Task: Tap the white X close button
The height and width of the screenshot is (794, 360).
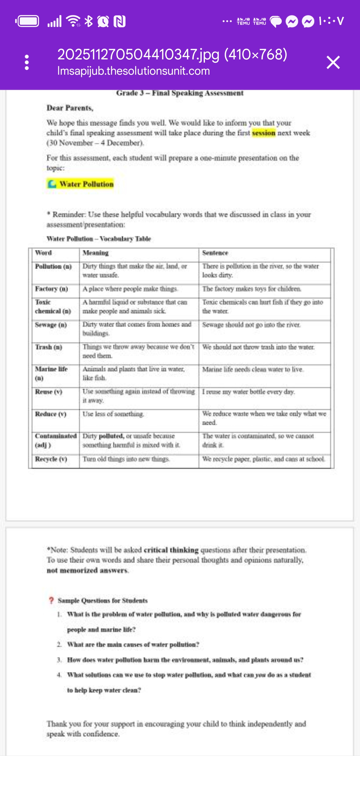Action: (333, 63)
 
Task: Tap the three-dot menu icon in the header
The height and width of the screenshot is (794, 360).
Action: (27, 63)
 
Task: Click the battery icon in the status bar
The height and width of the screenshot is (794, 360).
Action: (27, 21)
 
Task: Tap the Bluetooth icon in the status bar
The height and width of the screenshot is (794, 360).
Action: (89, 21)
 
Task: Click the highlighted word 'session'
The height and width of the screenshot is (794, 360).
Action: (264, 133)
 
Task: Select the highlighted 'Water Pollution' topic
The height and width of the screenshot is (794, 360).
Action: (81, 184)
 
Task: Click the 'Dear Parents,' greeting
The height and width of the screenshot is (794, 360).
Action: (70, 108)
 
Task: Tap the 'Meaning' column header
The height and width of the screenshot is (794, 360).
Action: (96, 253)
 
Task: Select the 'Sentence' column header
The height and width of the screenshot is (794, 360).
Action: (215, 253)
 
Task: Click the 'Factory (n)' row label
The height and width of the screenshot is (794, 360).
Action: (51, 289)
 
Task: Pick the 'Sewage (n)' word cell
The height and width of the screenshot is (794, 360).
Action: (51, 325)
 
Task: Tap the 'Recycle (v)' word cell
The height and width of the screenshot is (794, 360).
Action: (51, 459)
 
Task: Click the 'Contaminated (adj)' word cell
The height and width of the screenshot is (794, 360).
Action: (56, 440)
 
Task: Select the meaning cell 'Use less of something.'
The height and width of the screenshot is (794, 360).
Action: (113, 414)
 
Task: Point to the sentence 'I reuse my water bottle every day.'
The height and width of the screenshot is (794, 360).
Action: (249, 392)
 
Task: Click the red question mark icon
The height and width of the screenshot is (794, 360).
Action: (51, 600)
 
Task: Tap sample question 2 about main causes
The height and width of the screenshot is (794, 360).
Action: (133, 645)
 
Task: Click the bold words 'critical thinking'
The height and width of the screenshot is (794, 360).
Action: (171, 550)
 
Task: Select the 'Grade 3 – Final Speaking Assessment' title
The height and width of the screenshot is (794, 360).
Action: (180, 93)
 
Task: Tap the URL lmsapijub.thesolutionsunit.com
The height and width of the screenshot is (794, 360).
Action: (134, 71)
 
